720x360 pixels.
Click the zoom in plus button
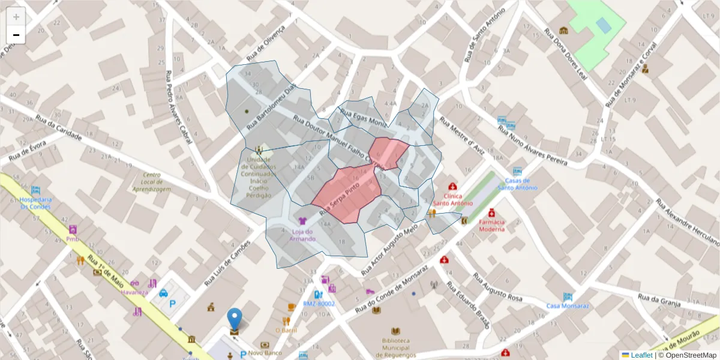point(16,17)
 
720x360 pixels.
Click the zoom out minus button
point(16,35)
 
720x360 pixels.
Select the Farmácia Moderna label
point(491,225)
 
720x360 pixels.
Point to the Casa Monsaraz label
point(568,305)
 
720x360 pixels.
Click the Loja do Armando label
point(302,235)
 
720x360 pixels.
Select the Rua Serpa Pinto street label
point(340,200)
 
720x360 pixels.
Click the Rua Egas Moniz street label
point(363,118)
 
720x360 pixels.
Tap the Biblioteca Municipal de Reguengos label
point(395,347)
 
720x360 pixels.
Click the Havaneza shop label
point(133,292)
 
